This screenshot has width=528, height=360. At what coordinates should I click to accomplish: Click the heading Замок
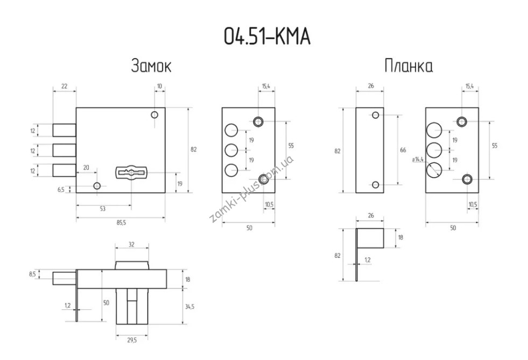pyautogui.click(x=151, y=66)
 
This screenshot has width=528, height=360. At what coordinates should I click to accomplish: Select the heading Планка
pyautogui.click(x=409, y=66)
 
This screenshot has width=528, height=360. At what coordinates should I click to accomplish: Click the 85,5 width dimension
pyautogui.click(x=121, y=223)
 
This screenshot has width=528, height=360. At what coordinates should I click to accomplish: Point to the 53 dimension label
pyautogui.click(x=103, y=209)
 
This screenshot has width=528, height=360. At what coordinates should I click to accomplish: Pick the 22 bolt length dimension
pyautogui.click(x=64, y=86)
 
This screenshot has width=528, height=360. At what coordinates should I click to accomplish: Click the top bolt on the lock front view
pyautogui.click(x=64, y=130)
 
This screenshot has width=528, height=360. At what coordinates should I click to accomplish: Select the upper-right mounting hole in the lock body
pyautogui.click(x=154, y=115)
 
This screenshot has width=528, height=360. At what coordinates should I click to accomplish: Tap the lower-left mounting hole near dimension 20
pyautogui.click(x=97, y=186)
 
